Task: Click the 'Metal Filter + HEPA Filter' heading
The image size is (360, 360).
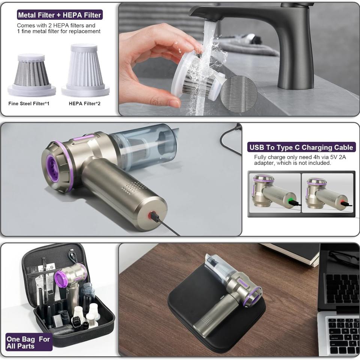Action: point(60,15)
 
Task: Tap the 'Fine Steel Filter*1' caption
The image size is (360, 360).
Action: point(29,103)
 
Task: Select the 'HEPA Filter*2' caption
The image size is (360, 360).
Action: point(84,103)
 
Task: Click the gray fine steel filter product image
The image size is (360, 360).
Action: point(31,75)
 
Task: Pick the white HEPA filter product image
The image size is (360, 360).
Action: point(85,70)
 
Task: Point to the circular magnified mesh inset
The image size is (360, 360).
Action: point(239,94)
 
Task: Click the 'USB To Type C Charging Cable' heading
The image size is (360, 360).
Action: point(301,147)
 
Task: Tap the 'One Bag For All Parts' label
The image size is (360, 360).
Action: point(28,342)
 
